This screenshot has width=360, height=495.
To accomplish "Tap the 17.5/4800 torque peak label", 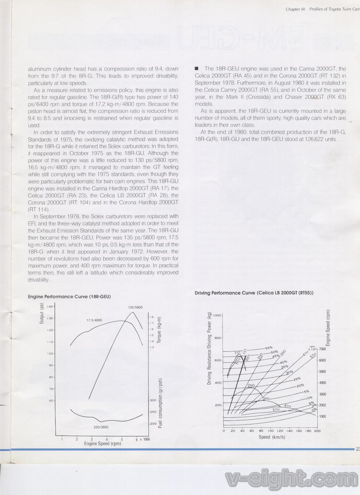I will pos(94,320).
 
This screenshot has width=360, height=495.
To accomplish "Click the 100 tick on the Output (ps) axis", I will pos(51,353).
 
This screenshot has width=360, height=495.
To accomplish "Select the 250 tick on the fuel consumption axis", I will pos(153,411).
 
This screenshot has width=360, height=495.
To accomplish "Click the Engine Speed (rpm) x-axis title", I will pos(103,444).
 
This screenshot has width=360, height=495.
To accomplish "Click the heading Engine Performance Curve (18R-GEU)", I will pos(69,297).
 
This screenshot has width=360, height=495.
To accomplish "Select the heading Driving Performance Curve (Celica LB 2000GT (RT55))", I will pos(254,293).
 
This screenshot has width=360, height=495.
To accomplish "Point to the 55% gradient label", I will pos(269,347).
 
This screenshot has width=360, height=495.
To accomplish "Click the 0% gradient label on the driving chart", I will pos(314,410).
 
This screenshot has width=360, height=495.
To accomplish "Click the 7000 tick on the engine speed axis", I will pos(322,348).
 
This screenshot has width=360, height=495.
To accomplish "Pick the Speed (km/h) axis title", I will pos(271,437).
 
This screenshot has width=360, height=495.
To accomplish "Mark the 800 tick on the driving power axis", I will pos(218,338).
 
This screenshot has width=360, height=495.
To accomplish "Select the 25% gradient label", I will pos(297,379).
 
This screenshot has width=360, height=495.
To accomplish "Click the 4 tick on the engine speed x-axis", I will pos(107,439).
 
